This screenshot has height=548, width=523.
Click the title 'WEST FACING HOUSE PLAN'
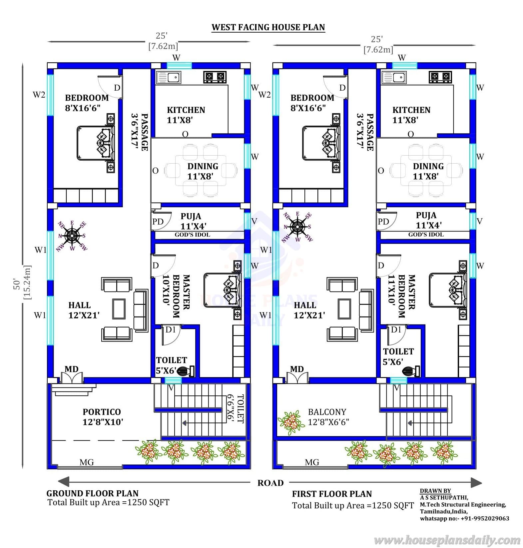268,27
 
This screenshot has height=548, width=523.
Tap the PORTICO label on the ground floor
102,412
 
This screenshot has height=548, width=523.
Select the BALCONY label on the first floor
327,412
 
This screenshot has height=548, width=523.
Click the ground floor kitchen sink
169,78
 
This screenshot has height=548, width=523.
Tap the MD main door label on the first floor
297,369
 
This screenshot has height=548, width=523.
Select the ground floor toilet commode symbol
185,371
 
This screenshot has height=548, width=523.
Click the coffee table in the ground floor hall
119,308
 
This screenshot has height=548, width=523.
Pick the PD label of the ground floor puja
158,222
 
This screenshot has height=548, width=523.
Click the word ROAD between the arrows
270,483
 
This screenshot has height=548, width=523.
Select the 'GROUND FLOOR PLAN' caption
92,493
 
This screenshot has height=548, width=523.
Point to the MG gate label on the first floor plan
312,462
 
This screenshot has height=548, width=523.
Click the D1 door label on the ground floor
171,329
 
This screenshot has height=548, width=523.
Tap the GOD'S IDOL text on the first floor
426,235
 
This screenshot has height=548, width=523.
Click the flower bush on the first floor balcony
291,421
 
